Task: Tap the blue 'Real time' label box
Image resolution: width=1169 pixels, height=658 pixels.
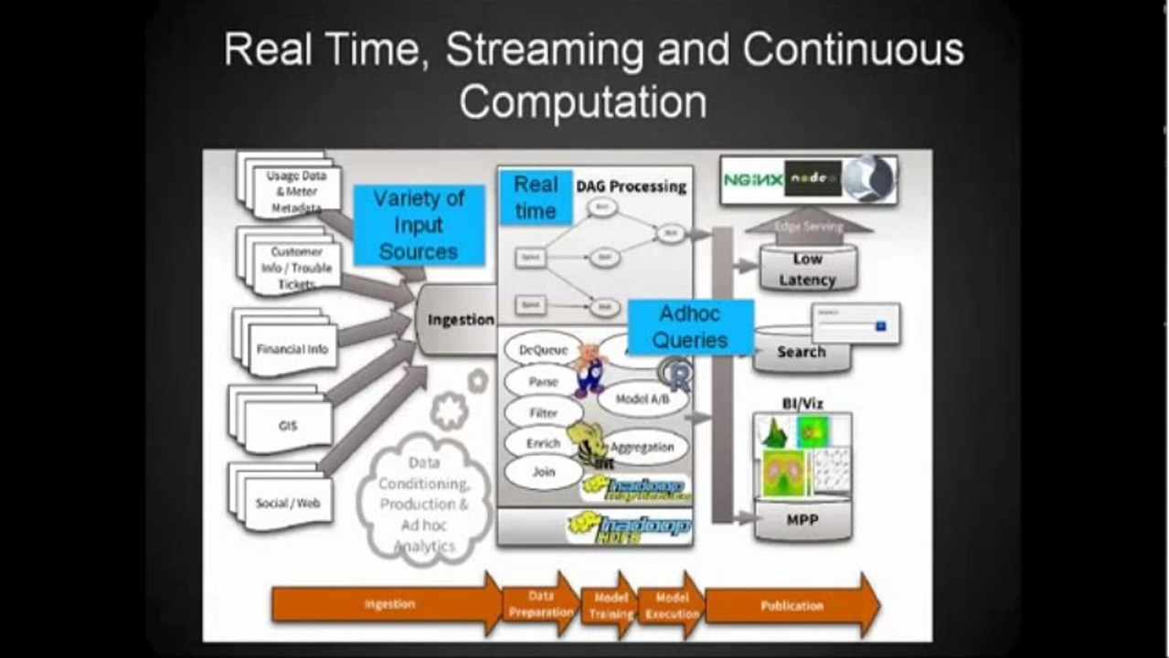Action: pyautogui.click(x=536, y=197)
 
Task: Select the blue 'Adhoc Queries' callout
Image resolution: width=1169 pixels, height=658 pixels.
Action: pyautogui.click(x=690, y=327)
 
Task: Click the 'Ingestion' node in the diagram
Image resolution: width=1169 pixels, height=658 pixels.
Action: pyautogui.click(x=460, y=320)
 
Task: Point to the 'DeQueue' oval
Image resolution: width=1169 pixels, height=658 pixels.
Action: pyautogui.click(x=543, y=349)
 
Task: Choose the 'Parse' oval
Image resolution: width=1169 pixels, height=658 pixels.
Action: pyautogui.click(x=543, y=381)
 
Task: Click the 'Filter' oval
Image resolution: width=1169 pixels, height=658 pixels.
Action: pyautogui.click(x=543, y=412)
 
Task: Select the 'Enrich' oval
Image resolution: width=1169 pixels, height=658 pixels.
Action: pyautogui.click(x=542, y=443)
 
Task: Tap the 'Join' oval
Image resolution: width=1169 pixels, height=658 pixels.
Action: pyautogui.click(x=543, y=472)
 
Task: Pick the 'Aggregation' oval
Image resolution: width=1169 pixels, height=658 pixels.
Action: pyautogui.click(x=642, y=447)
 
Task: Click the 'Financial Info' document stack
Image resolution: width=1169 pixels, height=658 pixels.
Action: pyautogui.click(x=292, y=349)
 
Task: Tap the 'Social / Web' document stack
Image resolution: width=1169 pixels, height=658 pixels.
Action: pyautogui.click(x=288, y=503)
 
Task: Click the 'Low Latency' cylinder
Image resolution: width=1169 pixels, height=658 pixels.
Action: pyautogui.click(x=807, y=270)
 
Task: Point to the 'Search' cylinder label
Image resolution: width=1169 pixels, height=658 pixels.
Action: pyautogui.click(x=801, y=352)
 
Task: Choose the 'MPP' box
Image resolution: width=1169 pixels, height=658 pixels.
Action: pyautogui.click(x=802, y=520)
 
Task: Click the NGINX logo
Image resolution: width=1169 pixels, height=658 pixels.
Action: pyautogui.click(x=752, y=180)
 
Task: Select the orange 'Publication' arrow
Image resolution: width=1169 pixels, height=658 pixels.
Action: pyautogui.click(x=792, y=605)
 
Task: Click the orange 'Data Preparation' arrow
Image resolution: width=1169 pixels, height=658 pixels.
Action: pyautogui.click(x=540, y=605)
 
